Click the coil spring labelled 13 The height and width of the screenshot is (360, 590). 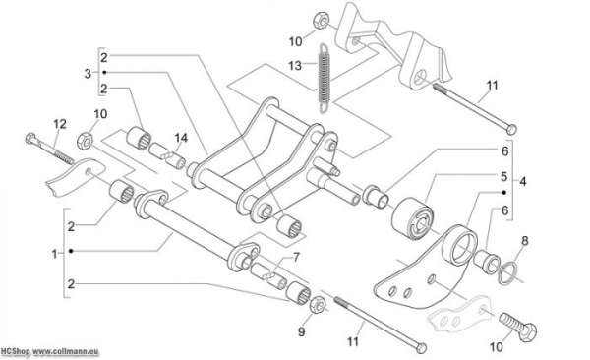pyautogui.click(x=324, y=78)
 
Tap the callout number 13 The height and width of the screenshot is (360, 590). pyautogui.click(x=295, y=66)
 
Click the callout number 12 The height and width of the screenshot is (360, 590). pyautogui.click(x=60, y=124)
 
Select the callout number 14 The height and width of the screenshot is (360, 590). pyautogui.click(x=181, y=138)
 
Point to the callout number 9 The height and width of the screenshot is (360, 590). pyautogui.click(x=301, y=332)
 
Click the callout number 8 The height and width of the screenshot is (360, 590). pyautogui.click(x=525, y=241)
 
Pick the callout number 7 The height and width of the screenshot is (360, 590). pyautogui.click(x=297, y=258)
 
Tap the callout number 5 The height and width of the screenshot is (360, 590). pyautogui.click(x=503, y=176)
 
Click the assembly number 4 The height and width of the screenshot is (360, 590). pyautogui.click(x=523, y=182)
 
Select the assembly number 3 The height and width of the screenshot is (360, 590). pyautogui.click(x=88, y=73)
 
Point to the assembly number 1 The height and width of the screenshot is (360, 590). pyautogui.click(x=54, y=254)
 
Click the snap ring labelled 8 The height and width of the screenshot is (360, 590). pyautogui.click(x=507, y=273)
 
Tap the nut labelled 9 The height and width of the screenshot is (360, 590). pyautogui.click(x=318, y=305)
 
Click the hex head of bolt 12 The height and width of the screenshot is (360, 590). pyautogui.click(x=31, y=139)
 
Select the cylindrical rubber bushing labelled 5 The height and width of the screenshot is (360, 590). pyautogui.click(x=412, y=218)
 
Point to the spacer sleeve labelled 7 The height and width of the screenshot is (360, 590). pyautogui.click(x=269, y=276)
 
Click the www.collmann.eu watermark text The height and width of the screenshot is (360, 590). pyautogui.click(x=66, y=352)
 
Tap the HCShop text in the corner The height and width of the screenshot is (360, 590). pyautogui.click(x=15, y=352)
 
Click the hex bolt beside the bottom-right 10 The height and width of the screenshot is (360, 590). pyautogui.click(x=518, y=327)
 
